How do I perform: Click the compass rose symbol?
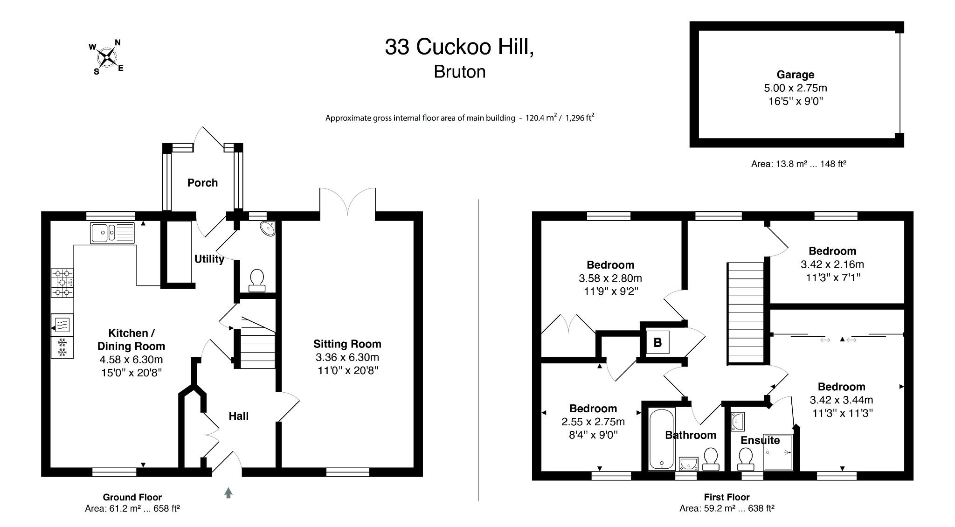pyautogui.click(x=108, y=57)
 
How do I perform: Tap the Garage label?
pyautogui.click(x=795, y=75)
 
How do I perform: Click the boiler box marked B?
pyautogui.click(x=657, y=343)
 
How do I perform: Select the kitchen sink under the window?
pyautogui.click(x=112, y=232)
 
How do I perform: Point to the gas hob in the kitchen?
pyautogui.click(x=62, y=283)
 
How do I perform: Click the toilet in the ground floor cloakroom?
pyautogui.click(x=257, y=280)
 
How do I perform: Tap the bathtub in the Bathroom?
pyautogui.click(x=662, y=438)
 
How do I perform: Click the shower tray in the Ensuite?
pyautogui.click(x=778, y=452)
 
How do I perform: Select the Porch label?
pyautogui.click(x=202, y=183)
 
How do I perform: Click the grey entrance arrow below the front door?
pyautogui.click(x=228, y=492)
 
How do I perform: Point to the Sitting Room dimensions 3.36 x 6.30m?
pyautogui.click(x=347, y=357)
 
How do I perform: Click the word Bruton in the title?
pyautogui.click(x=459, y=72)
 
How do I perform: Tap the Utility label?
pyautogui.click(x=209, y=259)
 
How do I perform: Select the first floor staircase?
pyautogui.click(x=746, y=312)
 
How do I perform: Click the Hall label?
pyautogui.click(x=238, y=416)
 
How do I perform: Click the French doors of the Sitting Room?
pyautogui.click(x=347, y=203)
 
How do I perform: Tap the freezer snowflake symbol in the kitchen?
pyautogui.click(x=62, y=347)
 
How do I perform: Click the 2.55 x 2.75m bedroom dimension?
pyautogui.click(x=593, y=422)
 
